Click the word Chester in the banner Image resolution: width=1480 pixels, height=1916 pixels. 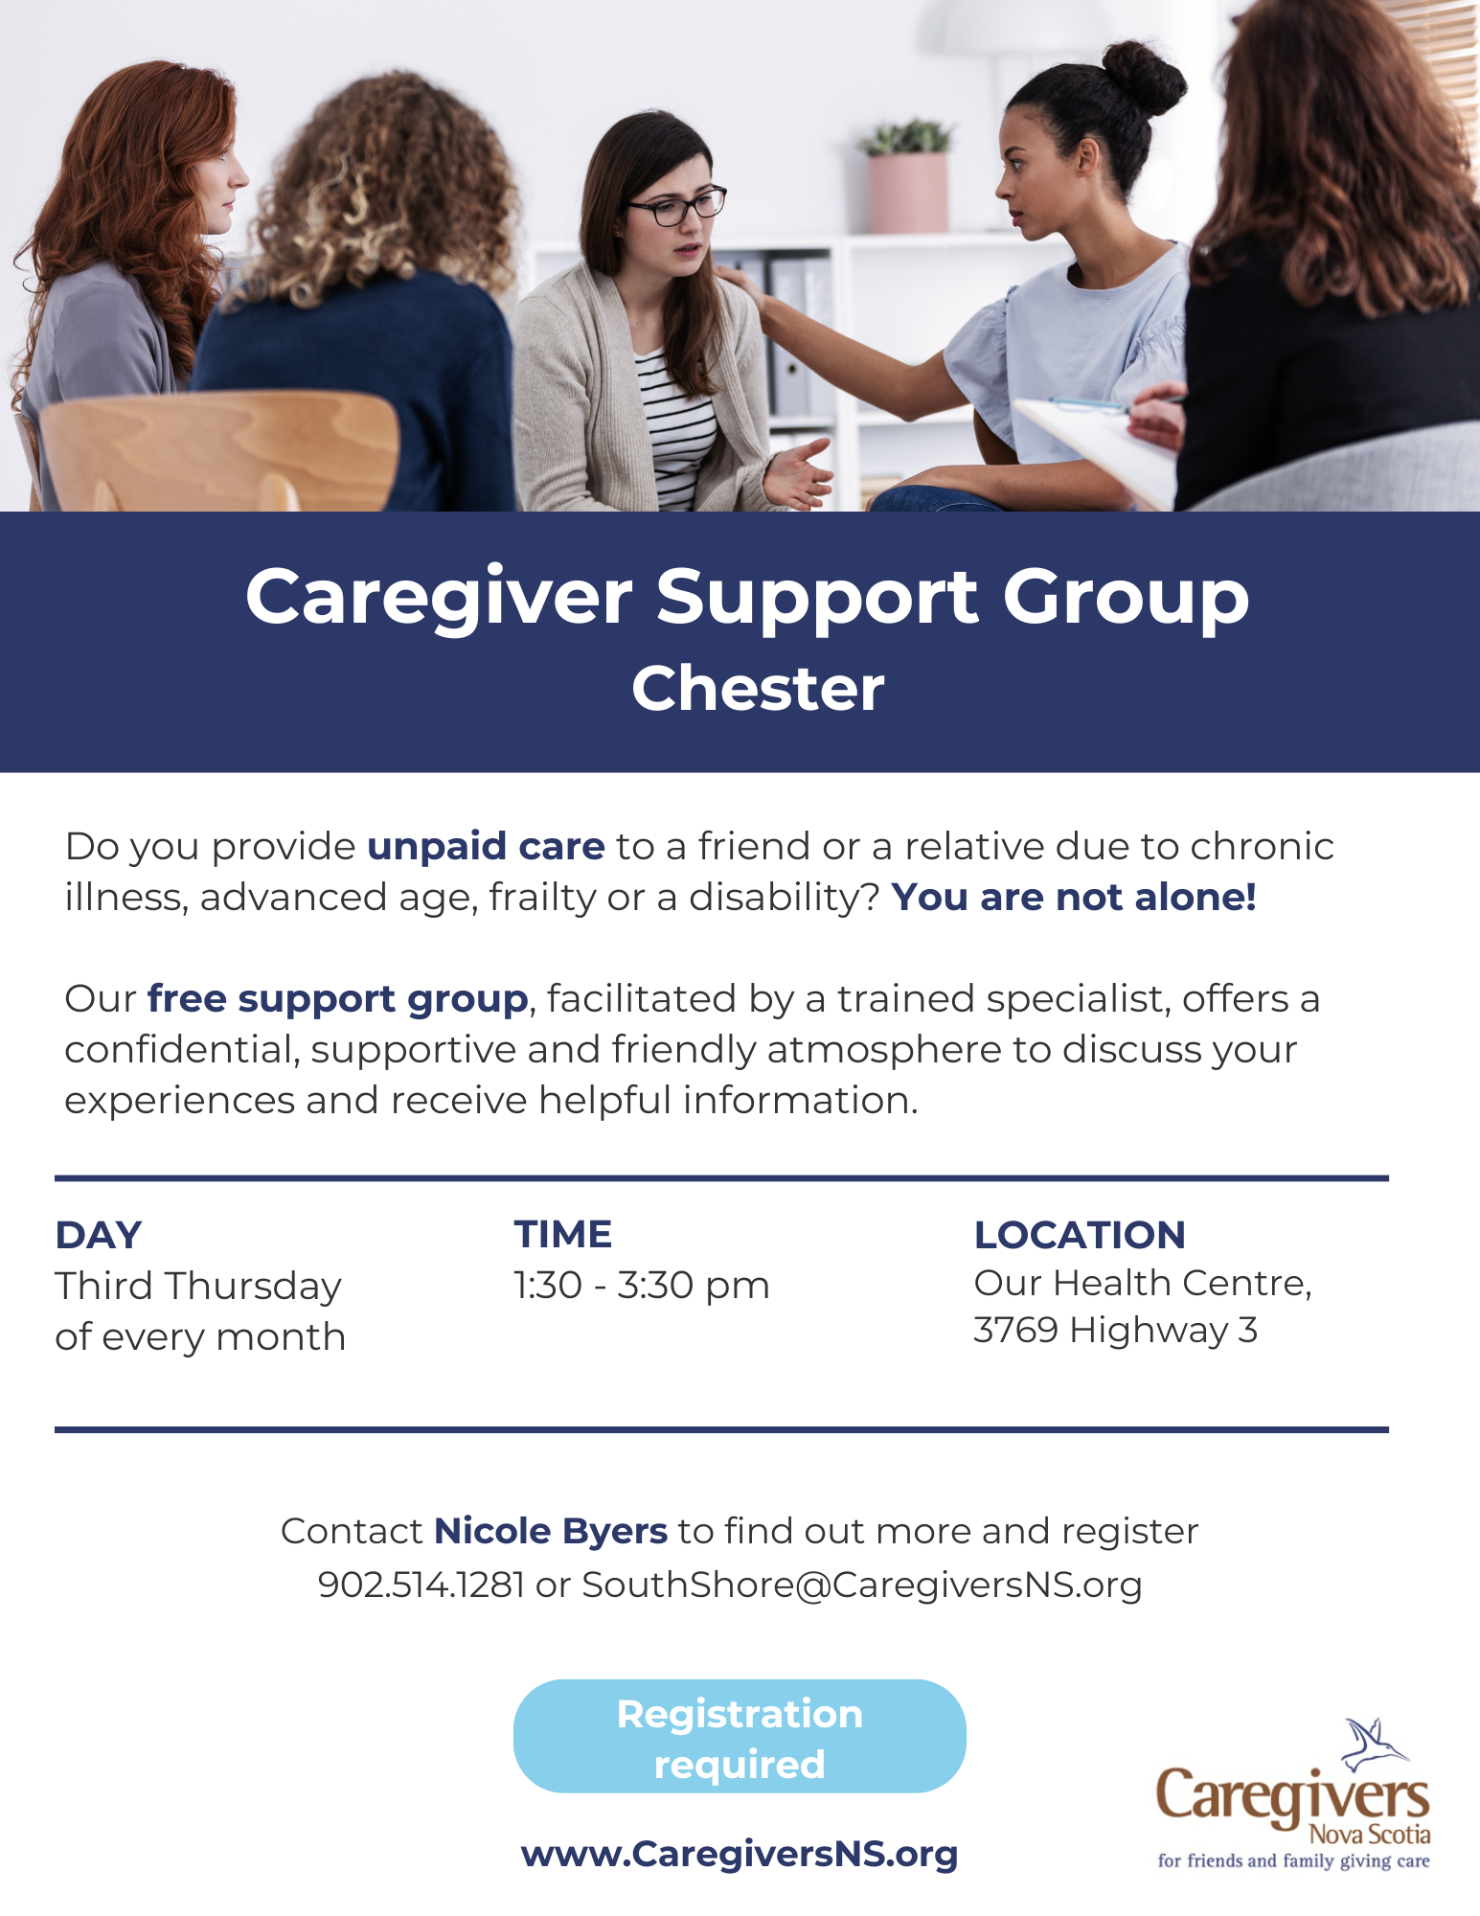[x=758, y=688]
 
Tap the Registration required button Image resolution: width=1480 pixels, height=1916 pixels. [x=740, y=1736]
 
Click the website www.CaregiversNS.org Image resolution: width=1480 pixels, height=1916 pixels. [x=740, y=1855]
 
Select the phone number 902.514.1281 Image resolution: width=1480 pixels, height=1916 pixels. [x=421, y=1585]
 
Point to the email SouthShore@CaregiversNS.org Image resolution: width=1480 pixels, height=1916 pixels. [x=862, y=1585]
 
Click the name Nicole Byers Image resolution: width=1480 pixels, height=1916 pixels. [x=551, y=1531]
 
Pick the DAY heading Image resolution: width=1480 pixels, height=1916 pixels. [x=99, y=1235]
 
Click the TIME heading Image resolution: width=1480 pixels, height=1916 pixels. [x=563, y=1234]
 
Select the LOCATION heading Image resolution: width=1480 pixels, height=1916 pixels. [x=1080, y=1235]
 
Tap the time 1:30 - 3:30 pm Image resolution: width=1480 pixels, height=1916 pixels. [x=642, y=1286]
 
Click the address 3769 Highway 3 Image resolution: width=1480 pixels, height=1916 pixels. [x=1116, y=1330]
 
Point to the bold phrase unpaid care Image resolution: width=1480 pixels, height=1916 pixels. [x=487, y=847]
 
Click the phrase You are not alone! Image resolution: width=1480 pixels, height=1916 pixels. [x=1074, y=897]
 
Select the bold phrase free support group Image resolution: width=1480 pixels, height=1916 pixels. [x=338, y=999]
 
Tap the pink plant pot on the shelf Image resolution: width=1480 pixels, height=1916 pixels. [x=907, y=193]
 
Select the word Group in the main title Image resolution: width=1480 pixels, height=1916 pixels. [x=1126, y=599]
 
